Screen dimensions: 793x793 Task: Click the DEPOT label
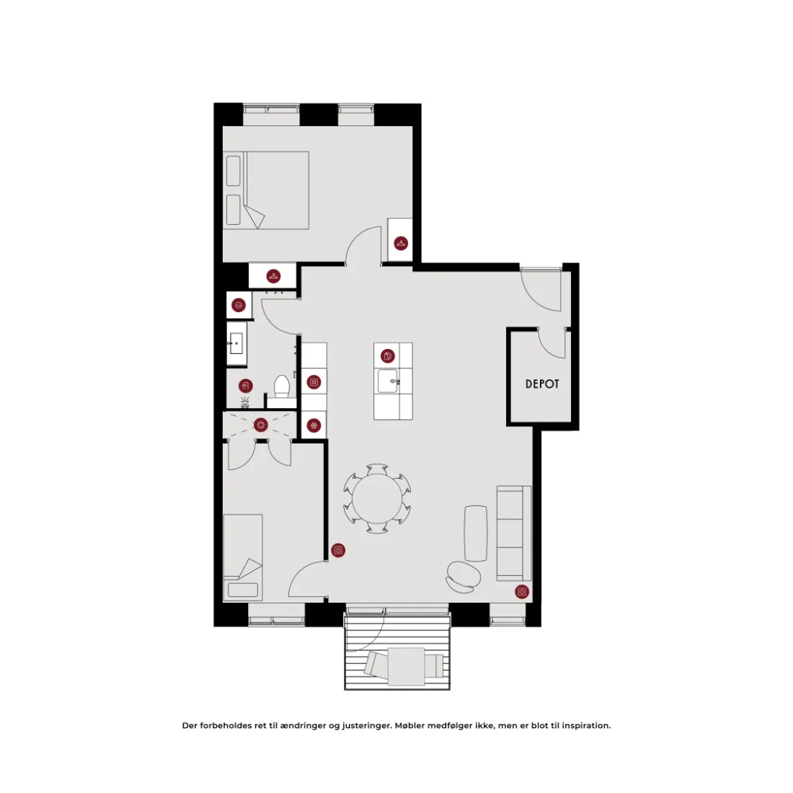click(542, 384)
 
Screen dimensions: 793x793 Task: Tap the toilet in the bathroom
click(282, 388)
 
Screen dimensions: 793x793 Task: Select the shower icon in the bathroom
click(245, 386)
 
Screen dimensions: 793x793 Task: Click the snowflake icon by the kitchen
click(314, 426)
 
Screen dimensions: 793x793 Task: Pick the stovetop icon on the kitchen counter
click(314, 382)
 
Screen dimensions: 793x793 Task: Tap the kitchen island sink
click(388, 381)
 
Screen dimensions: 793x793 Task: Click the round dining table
click(377, 499)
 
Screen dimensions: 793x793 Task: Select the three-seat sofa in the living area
click(514, 533)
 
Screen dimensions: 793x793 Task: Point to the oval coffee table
click(475, 533)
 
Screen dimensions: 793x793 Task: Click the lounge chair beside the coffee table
click(464, 577)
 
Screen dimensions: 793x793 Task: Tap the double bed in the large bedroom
click(266, 190)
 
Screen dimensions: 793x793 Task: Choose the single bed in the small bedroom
click(243, 557)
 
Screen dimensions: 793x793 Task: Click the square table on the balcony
click(406, 666)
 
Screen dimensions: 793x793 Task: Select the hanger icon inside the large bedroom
click(401, 243)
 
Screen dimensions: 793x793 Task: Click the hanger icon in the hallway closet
click(273, 276)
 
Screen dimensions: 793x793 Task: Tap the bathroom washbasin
click(236, 344)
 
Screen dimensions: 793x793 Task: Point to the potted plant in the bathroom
click(245, 402)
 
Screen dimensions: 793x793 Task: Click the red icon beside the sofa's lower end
click(522, 591)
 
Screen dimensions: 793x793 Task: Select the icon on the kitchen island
click(387, 356)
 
